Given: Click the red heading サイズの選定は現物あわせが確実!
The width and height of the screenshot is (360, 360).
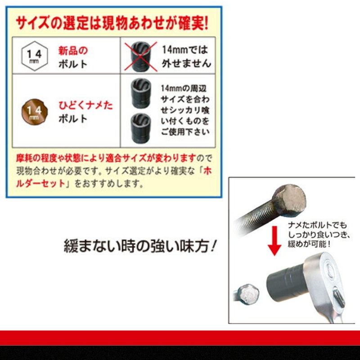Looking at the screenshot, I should coord(112,23).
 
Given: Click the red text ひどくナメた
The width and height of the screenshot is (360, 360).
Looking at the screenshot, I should coord(85,106).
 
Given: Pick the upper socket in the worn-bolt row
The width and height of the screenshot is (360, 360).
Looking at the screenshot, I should coord(140,90).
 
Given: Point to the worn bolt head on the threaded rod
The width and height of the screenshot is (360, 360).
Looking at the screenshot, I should coord(288,199).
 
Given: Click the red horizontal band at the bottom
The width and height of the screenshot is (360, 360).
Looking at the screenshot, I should coord(180,337).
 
